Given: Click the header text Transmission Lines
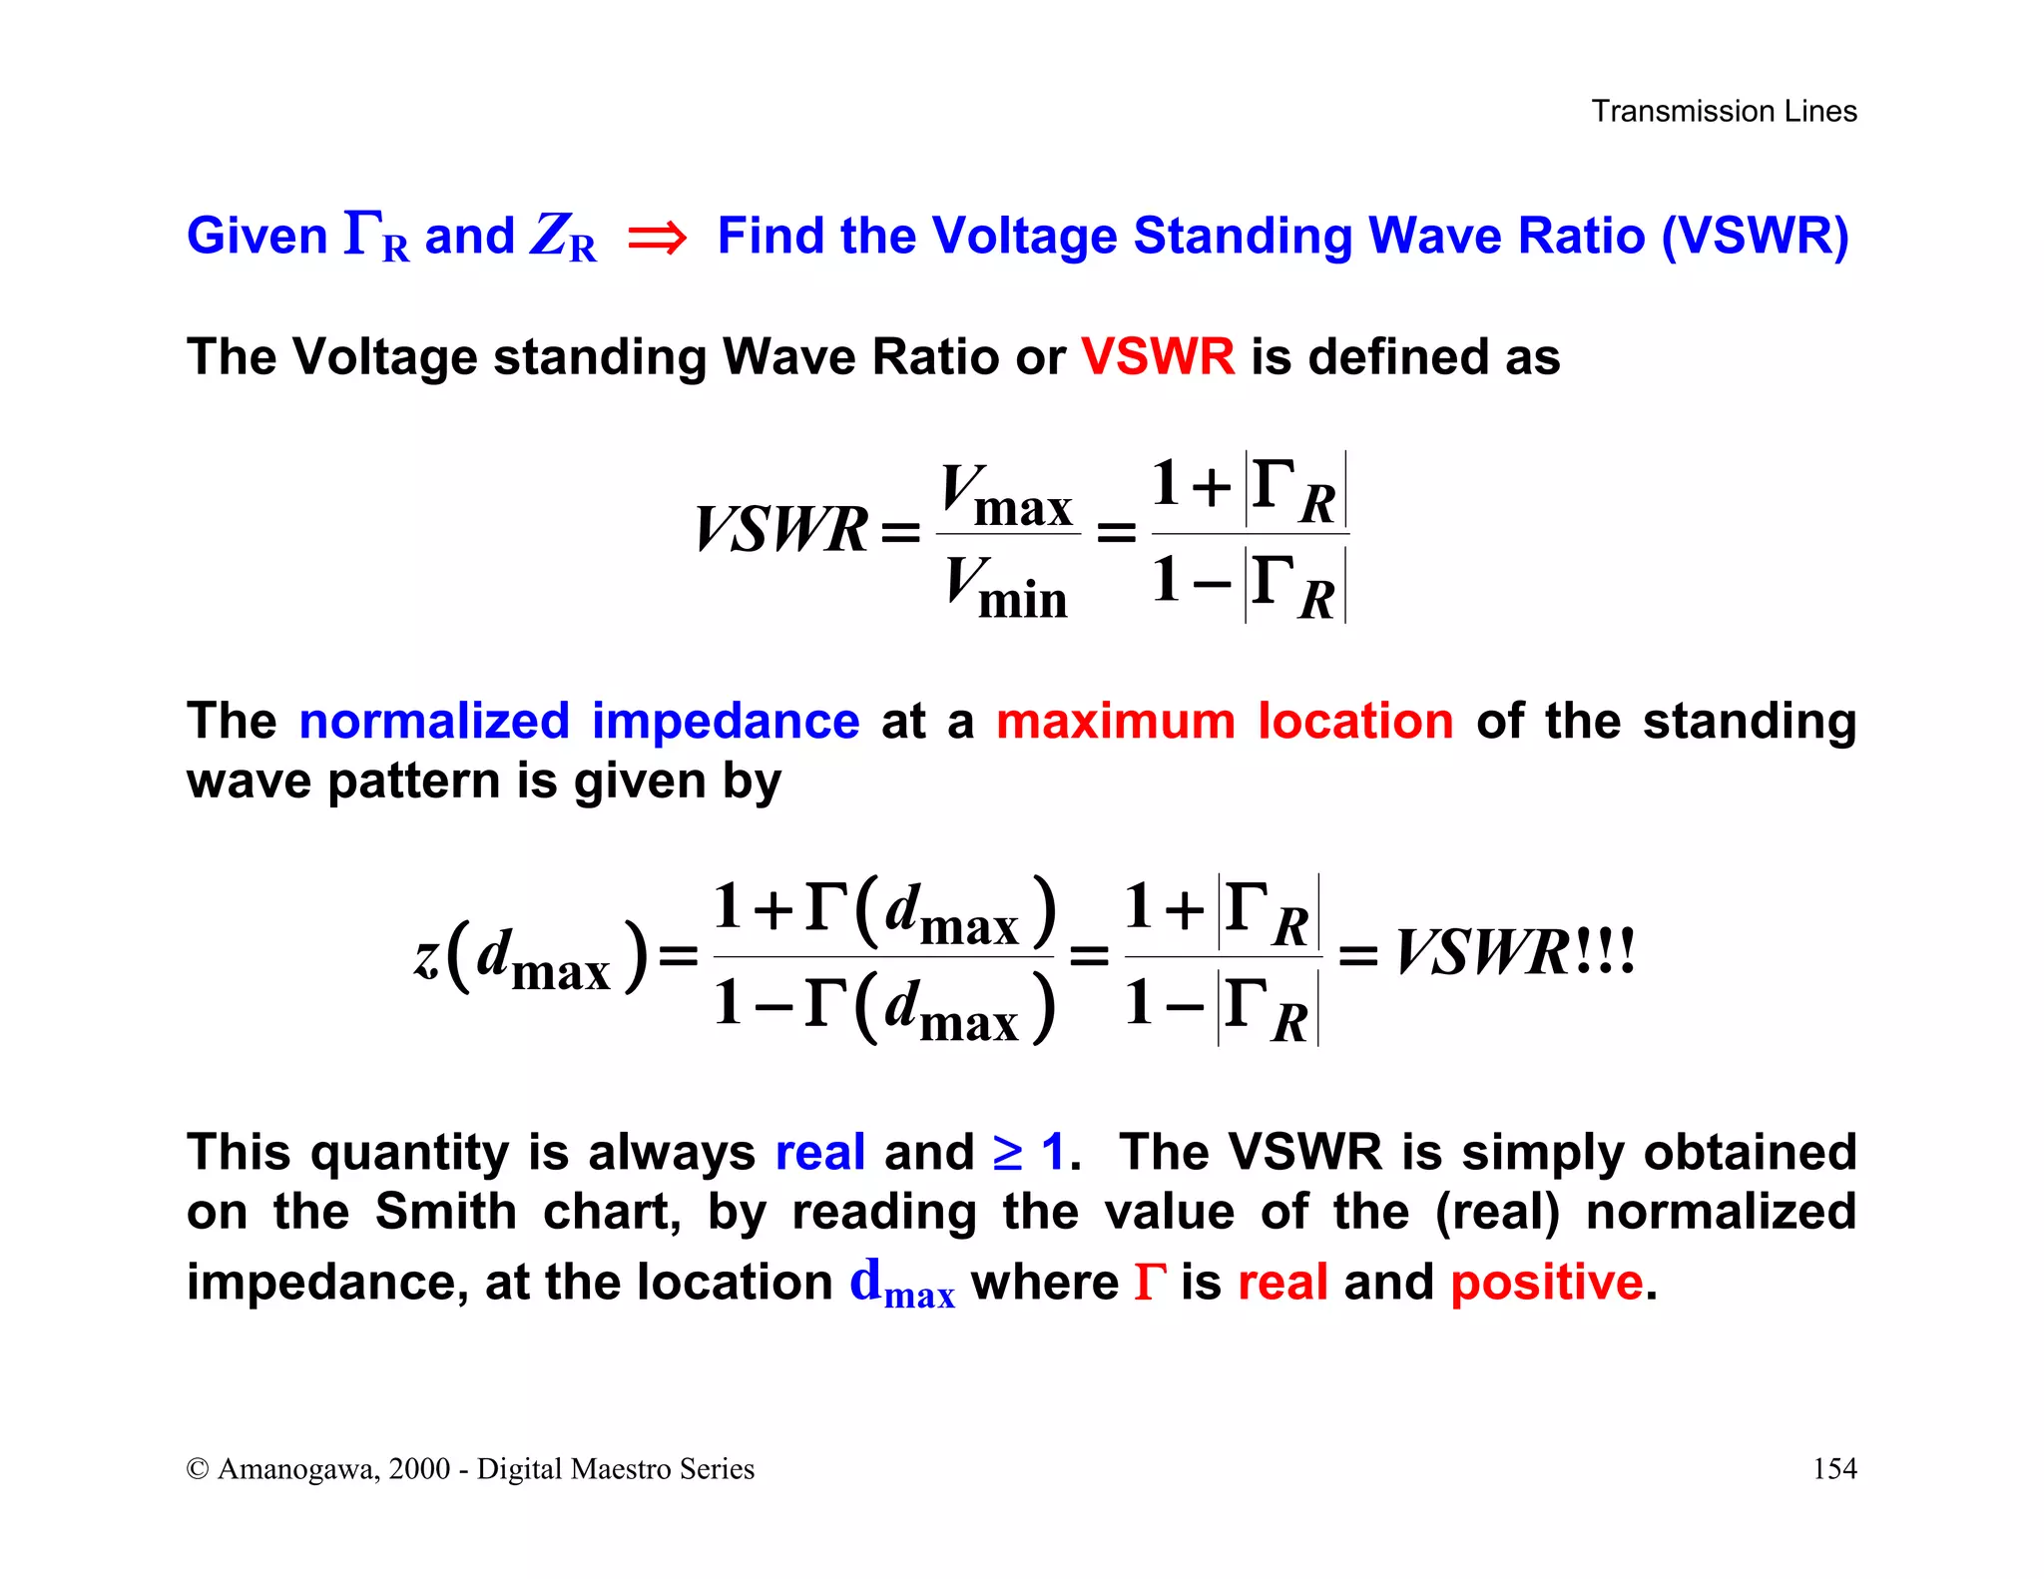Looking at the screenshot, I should click(1724, 111).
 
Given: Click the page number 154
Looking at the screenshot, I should click(1833, 1468).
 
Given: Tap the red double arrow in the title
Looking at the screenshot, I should click(657, 238).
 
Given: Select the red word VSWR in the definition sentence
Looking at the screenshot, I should click(1158, 356).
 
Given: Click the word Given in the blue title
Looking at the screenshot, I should click(257, 237).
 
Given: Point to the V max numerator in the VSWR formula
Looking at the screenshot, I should click(1006, 495).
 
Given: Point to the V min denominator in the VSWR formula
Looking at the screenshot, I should click(1006, 587).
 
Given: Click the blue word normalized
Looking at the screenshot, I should click(434, 721).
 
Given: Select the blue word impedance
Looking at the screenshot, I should click(726, 721).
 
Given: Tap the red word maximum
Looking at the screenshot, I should click(1116, 721).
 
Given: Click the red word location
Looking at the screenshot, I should click(1355, 721).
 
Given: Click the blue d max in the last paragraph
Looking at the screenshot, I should click(902, 1284).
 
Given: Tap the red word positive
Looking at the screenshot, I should click(1546, 1282).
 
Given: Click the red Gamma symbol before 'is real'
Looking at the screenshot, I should click(1150, 1282).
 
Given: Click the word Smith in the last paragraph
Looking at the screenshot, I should click(445, 1212).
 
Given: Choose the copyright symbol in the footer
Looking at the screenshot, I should click(198, 1469).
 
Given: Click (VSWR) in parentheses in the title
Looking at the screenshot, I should click(1755, 237).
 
